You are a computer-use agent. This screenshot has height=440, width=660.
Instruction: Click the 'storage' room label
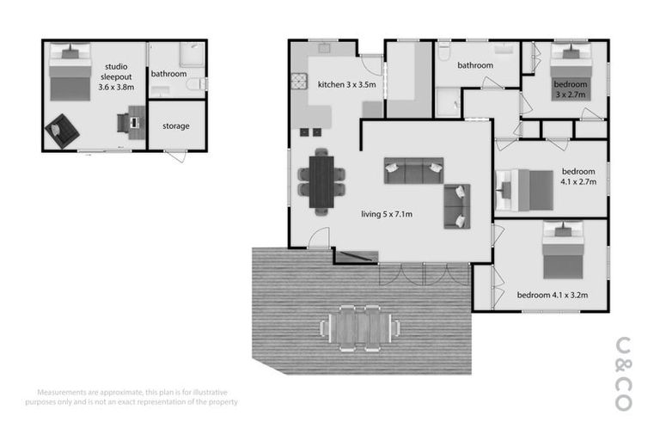pyautogui.click(x=176, y=126)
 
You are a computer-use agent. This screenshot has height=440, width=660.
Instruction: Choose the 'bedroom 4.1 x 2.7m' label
pyautogui.click(x=578, y=176)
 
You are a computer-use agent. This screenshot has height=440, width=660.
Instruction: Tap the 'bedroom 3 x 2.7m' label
pyautogui.click(x=570, y=89)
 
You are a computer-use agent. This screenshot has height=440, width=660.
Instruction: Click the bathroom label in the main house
pyautogui.click(x=474, y=65)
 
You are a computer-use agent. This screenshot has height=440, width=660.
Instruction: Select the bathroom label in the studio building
pyautogui.click(x=168, y=74)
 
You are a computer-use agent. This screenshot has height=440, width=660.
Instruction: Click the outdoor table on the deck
pyautogui.click(x=359, y=327)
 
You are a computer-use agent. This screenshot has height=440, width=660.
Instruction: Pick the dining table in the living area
pyautogui.click(x=321, y=181)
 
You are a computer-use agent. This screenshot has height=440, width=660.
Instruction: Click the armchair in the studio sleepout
pyautogui.click(x=63, y=130)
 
